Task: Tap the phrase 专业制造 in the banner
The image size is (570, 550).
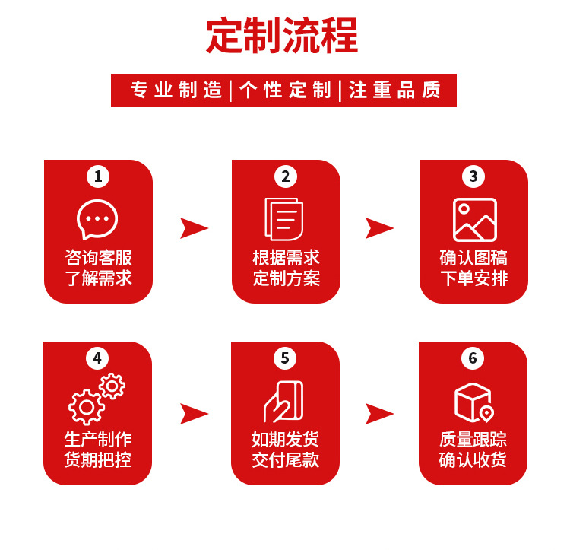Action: [x=176, y=90]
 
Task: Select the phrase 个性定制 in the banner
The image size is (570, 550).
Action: [x=286, y=90]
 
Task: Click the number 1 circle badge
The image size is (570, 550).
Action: [x=98, y=176]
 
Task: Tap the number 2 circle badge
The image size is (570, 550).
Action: [x=286, y=176]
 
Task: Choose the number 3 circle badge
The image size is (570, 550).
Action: [x=473, y=176]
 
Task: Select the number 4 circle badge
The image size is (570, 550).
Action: [x=97, y=358]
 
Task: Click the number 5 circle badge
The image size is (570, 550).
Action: [x=285, y=358]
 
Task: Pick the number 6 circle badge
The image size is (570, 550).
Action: [x=473, y=358]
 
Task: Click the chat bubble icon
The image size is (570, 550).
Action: [x=98, y=219]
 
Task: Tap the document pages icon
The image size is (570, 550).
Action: [x=284, y=219]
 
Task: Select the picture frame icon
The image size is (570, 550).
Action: [x=474, y=220]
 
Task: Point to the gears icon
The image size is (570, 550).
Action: [x=97, y=399]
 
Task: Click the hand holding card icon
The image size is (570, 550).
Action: [x=284, y=401]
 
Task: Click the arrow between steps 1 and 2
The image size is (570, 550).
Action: [x=193, y=227]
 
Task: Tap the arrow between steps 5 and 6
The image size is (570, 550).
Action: [x=379, y=413]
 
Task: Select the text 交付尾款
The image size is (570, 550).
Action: [x=286, y=459]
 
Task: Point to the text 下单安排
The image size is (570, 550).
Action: [x=473, y=278]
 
